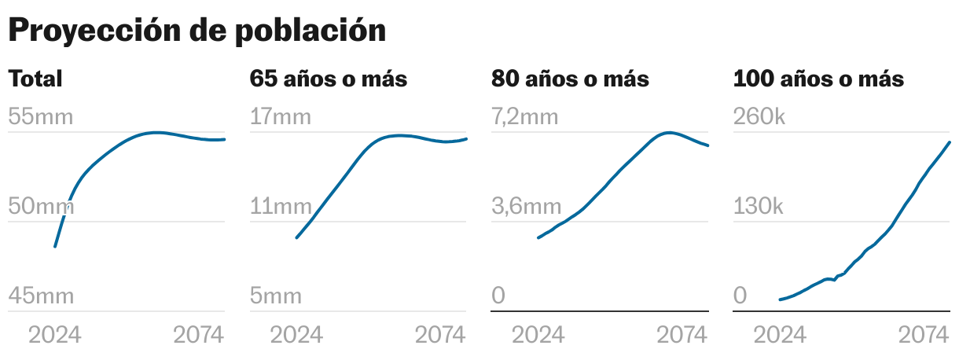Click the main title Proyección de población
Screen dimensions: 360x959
[197, 31]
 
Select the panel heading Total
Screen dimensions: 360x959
[35, 79]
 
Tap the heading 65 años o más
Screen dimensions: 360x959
[329, 79]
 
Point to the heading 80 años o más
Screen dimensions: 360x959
[570, 79]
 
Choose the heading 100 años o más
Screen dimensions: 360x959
[818, 79]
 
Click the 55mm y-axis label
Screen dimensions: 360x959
[41, 118]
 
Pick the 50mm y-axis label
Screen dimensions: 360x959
[41, 208]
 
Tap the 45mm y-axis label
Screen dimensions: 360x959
[41, 296]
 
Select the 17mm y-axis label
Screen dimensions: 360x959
[281, 118]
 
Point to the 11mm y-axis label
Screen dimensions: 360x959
[281, 208]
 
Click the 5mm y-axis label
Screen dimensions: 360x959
[276, 296]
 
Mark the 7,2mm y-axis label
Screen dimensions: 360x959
[525, 118]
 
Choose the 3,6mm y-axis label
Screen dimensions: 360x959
[527, 208]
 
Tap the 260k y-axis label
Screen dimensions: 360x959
[759, 118]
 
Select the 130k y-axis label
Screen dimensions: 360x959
[759, 208]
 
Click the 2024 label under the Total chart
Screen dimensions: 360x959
[55, 336]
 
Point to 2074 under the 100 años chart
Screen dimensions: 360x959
[924, 336]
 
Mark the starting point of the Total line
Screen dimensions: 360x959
[54, 247]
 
